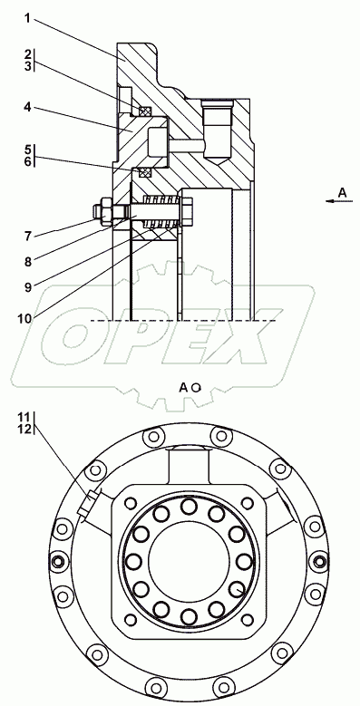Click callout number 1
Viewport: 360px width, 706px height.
coord(27,19)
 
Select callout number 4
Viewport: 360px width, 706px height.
coord(27,108)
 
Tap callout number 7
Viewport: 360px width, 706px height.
coord(28,235)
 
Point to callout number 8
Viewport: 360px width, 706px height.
coord(28,262)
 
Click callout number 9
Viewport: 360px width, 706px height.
coord(28,287)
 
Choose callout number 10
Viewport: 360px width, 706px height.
coord(24,318)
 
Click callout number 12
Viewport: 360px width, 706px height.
coord(25,429)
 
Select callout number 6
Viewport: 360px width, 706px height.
coord(28,161)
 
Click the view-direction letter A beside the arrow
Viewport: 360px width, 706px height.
coord(343,193)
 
